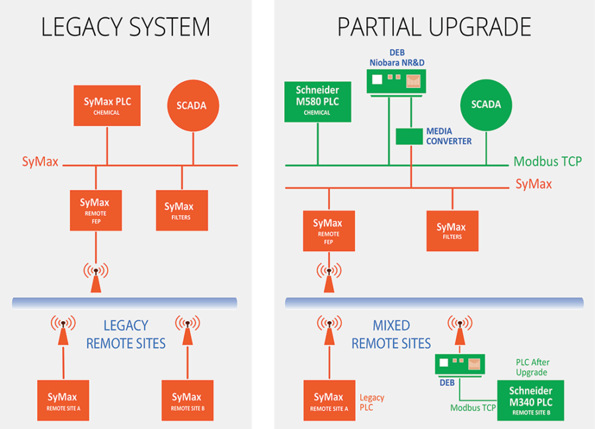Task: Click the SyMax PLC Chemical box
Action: (x=107, y=106)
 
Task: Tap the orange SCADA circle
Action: (x=193, y=106)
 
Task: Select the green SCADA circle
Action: (x=486, y=105)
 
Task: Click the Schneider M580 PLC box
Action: (x=317, y=102)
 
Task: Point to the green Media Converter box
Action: (x=409, y=136)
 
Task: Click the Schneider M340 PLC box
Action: (x=530, y=401)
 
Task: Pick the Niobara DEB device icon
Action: (x=396, y=83)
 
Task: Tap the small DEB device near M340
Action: (x=460, y=365)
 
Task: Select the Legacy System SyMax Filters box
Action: (x=182, y=211)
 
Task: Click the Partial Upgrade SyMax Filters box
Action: (x=452, y=231)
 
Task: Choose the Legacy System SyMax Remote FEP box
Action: (x=96, y=211)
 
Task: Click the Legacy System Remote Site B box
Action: (x=188, y=401)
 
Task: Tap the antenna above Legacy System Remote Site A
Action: (x=63, y=330)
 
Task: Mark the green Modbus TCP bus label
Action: (x=547, y=162)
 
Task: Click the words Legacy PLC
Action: (x=372, y=403)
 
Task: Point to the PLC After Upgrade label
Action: (x=532, y=367)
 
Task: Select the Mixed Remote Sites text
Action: (x=391, y=334)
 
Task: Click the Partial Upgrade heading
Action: (x=434, y=26)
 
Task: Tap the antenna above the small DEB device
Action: (x=460, y=330)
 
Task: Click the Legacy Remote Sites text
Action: (x=126, y=334)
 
